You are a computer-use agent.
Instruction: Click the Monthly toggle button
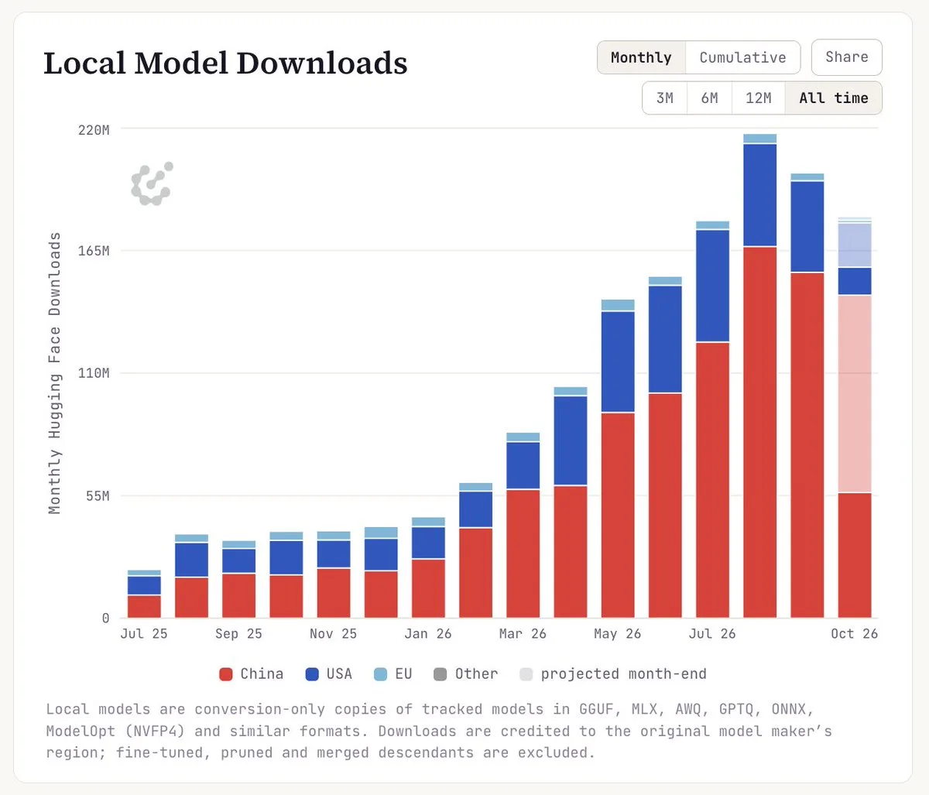coord(641,57)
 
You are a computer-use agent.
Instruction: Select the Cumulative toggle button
coord(743,57)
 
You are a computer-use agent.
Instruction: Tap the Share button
coord(847,57)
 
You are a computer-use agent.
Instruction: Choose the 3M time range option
coord(665,98)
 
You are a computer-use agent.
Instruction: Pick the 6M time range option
coord(710,98)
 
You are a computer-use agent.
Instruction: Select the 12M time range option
coord(759,98)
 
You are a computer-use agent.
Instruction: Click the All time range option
coord(834,98)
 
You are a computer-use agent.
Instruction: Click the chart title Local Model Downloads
coord(225,63)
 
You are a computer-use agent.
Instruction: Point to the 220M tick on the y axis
coord(94,130)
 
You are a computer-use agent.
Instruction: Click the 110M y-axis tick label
coord(94,373)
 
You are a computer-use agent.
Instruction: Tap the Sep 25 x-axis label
coord(238,634)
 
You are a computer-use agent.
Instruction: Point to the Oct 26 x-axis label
coord(855,634)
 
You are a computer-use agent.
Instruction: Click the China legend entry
coord(252,674)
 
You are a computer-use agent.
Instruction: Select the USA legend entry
coord(328,674)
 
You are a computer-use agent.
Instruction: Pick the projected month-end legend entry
coord(613,674)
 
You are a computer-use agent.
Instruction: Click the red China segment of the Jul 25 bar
coord(144,607)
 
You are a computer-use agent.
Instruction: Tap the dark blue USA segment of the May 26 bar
coord(618,362)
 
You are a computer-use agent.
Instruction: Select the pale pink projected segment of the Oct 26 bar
coord(855,394)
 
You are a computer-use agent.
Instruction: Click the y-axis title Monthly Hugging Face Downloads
coord(54,373)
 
